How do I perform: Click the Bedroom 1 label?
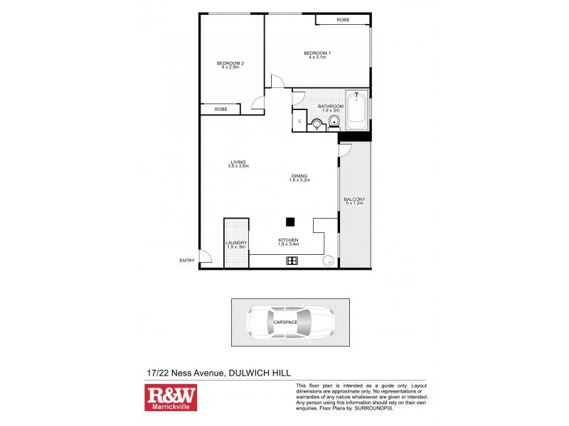coord(317,55)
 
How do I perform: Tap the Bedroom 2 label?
coord(230,66)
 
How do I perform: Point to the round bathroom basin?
coord(317,126)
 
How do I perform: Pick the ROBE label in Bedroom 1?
coord(343,20)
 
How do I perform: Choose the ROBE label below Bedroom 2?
coord(220,109)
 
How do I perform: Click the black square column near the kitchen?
coord(290,222)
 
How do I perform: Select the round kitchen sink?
coord(329,261)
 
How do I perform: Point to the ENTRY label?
coord(187,261)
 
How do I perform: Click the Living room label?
coord(237,163)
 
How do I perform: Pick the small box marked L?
coord(299,121)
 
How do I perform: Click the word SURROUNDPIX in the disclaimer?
coord(374,408)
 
